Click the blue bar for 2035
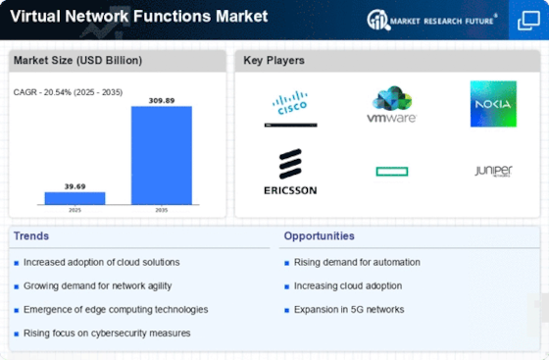[162, 155]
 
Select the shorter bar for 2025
[75, 198]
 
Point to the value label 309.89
[162, 100]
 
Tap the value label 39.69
[75, 186]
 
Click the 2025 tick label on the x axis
[75, 210]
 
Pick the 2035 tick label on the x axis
[162, 210]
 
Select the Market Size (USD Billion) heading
[77, 60]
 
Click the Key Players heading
[274, 60]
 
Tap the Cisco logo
[290, 108]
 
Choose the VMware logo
[391, 104]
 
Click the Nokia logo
[493, 104]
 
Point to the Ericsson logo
[290, 172]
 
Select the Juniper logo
[493, 171]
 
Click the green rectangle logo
[392, 172]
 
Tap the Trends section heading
[31, 236]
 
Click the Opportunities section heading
[319, 236]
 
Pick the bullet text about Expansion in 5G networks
[349, 310]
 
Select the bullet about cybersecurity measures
[107, 334]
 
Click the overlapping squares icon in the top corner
[528, 21]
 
